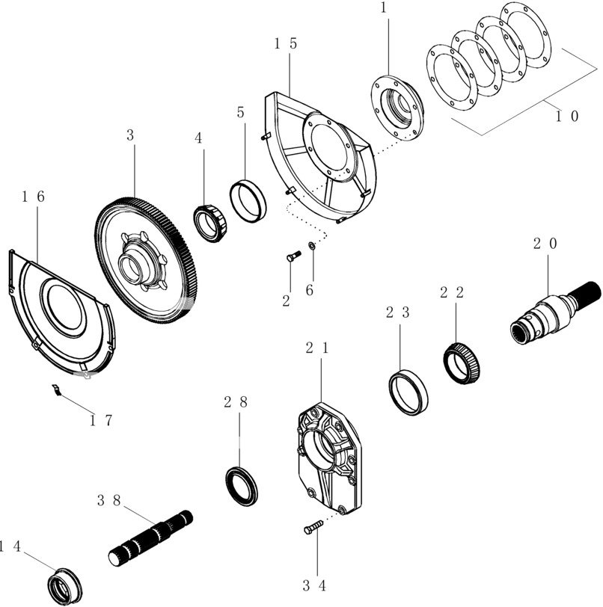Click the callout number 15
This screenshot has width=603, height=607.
tap(285, 43)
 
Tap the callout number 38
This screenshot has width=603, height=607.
tap(109, 501)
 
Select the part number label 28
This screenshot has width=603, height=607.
tap(236, 403)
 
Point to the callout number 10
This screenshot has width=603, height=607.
tap(567, 116)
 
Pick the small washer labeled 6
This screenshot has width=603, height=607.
tap(311, 245)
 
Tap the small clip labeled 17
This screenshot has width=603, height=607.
tap(57, 389)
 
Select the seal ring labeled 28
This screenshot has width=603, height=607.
tap(242, 486)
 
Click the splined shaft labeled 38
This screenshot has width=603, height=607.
tap(150, 538)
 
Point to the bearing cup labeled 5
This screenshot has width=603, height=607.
tap(248, 201)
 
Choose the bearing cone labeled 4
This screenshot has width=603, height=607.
tap(210, 224)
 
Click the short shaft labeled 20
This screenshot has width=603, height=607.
tap(555, 312)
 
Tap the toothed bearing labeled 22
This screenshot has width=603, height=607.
tap(462, 363)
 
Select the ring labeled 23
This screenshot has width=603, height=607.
tap(408, 392)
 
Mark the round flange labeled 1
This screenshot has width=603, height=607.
tap(397, 108)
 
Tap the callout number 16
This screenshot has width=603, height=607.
tap(33, 197)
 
